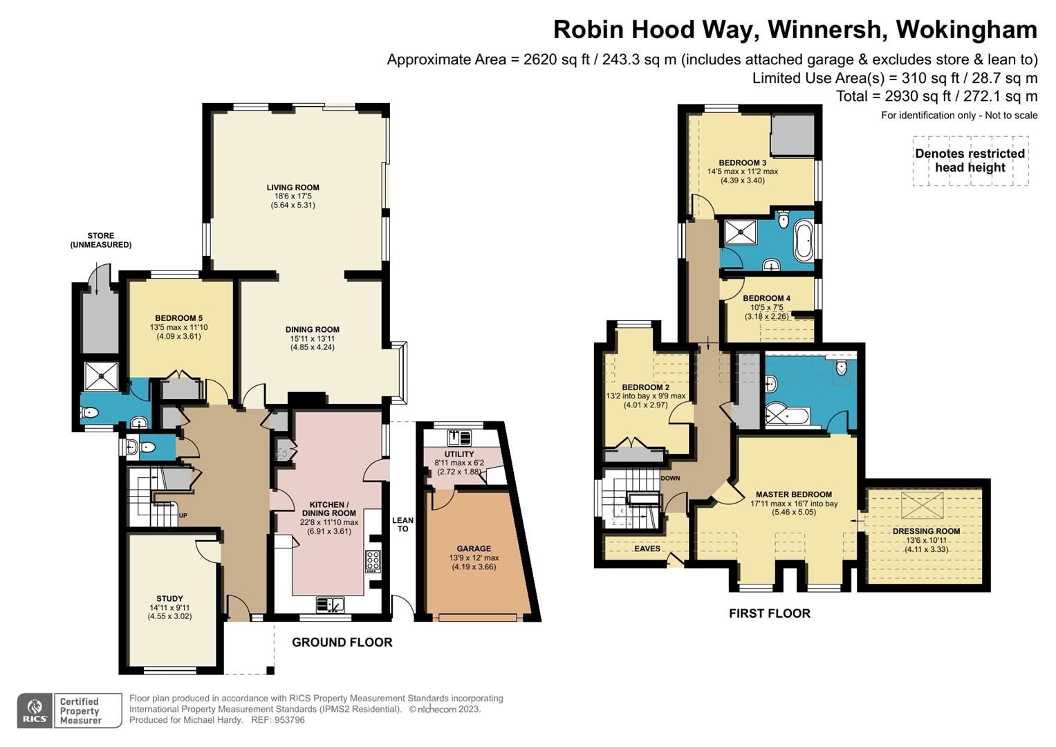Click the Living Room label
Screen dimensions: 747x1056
tap(293, 187)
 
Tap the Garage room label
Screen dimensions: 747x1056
tap(474, 548)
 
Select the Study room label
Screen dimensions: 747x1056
tap(169, 599)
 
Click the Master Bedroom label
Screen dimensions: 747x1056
tap(793, 495)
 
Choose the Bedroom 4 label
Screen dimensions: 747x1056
tap(767, 298)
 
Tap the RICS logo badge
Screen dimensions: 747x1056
tap(34, 710)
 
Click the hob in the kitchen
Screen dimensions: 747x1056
tap(372, 561)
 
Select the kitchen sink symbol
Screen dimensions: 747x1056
tap(331, 605)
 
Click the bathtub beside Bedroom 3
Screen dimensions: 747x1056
tap(804, 241)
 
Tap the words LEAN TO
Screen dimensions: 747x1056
tap(402, 524)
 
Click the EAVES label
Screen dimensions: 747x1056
tap(647, 548)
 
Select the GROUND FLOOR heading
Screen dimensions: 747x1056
tap(342, 643)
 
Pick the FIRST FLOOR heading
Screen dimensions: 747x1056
tap(769, 614)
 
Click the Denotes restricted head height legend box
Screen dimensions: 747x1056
tap(970, 160)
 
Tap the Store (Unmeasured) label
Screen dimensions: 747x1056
tap(100, 240)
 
